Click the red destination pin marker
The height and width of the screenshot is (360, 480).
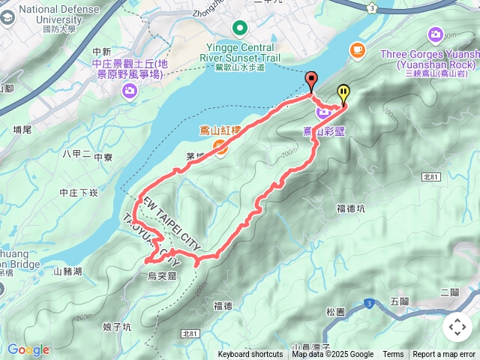[x=311, y=80]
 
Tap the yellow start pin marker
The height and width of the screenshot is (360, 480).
[x=343, y=93]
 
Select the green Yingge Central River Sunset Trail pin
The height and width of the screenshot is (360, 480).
[x=240, y=29]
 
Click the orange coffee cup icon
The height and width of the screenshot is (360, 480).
[x=357, y=49]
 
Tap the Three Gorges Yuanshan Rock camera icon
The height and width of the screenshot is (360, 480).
[x=436, y=34]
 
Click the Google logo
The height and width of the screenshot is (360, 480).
[x=28, y=349]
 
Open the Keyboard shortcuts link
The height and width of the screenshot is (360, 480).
[x=250, y=355]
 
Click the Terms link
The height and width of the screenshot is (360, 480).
[x=393, y=355]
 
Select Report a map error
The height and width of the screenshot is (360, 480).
[x=445, y=355]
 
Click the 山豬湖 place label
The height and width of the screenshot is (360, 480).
[x=68, y=271]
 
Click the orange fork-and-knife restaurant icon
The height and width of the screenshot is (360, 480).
[x=224, y=148]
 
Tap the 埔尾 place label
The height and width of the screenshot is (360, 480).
[x=23, y=130]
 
